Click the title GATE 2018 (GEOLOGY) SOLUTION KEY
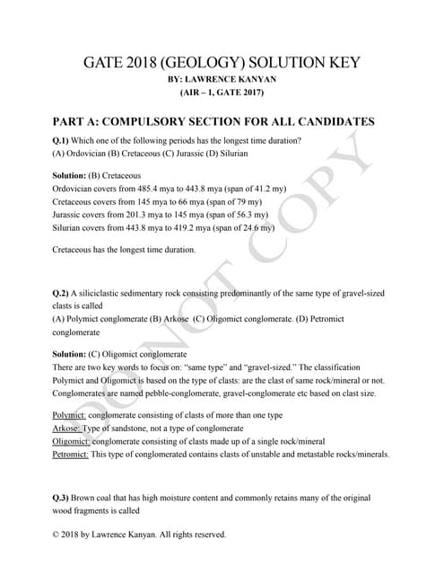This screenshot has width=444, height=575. (221, 63)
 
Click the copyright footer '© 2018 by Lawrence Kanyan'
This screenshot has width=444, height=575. (140, 535)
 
